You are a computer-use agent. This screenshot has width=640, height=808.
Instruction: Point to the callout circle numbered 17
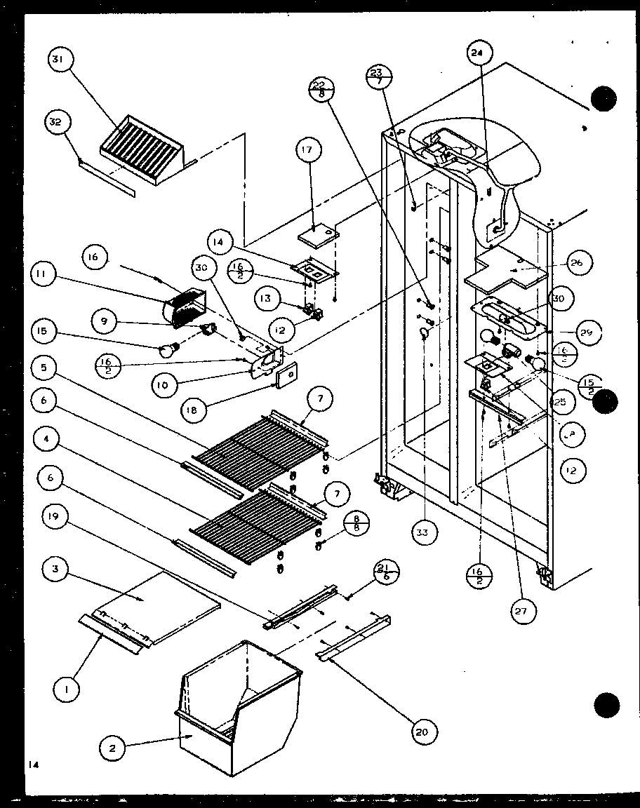pyautogui.click(x=309, y=149)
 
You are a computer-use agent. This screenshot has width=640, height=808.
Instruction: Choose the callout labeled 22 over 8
pyautogui.click(x=321, y=88)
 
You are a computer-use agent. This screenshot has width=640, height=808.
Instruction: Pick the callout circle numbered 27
pyautogui.click(x=520, y=610)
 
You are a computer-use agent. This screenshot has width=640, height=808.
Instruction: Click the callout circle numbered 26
pyautogui.click(x=577, y=263)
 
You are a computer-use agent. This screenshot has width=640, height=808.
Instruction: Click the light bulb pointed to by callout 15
pyautogui.click(x=166, y=348)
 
